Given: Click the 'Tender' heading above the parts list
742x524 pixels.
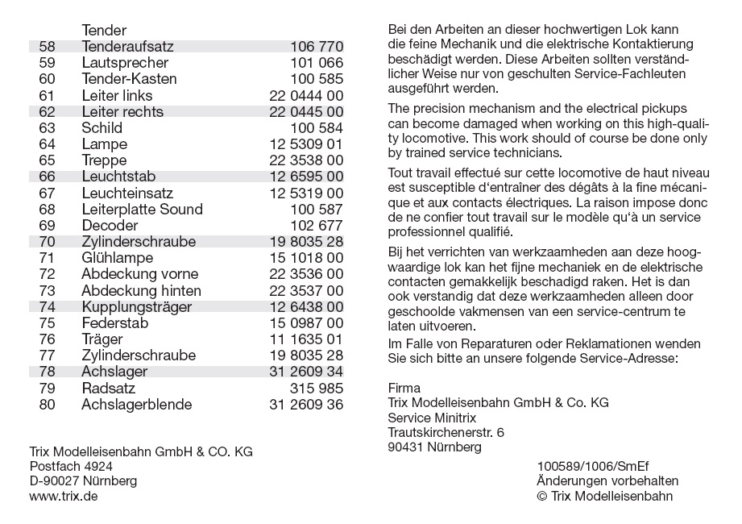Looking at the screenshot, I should tap(104, 31).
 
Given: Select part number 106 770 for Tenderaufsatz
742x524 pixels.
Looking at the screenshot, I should tap(317, 47).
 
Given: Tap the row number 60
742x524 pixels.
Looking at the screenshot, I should tap(47, 79).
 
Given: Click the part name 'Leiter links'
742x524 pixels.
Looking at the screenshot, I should tap(117, 96).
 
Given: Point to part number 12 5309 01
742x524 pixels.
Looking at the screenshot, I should tap(306, 144).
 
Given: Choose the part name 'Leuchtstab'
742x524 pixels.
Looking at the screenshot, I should tap(118, 177).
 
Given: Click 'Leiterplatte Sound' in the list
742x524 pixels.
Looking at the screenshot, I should tap(142, 210).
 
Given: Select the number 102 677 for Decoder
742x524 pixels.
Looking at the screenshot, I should tap(317, 226).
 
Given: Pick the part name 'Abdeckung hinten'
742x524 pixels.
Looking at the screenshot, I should tap(141, 291).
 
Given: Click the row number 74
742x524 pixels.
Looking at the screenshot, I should tap(47, 307).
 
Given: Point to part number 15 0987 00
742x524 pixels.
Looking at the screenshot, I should tap(306, 323).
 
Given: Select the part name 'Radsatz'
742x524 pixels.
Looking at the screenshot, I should tap(108, 389).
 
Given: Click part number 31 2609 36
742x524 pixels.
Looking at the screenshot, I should tap(306, 405).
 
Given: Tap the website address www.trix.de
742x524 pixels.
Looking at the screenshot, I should tap(64, 497).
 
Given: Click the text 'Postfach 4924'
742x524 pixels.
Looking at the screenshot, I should tap(71, 467).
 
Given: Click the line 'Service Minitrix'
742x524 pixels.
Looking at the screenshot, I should tap(432, 418).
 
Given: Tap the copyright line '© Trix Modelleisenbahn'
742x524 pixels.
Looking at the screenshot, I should tap(604, 497).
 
